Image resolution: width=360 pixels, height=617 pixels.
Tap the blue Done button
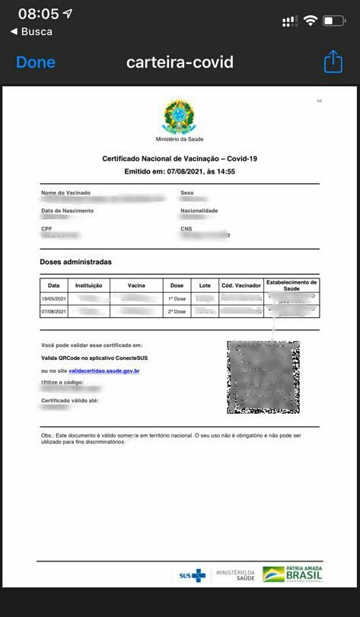36,62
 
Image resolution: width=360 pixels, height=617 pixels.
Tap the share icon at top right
333,62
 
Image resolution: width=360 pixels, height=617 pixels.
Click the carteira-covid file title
180,62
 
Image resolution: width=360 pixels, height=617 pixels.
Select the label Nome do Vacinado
65,193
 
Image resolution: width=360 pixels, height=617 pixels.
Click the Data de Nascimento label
67,211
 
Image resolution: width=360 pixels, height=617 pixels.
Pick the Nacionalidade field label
199,211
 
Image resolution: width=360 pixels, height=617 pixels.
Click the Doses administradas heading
75,262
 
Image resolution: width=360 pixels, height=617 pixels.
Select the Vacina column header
136,285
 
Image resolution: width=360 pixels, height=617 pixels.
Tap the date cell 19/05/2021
55,299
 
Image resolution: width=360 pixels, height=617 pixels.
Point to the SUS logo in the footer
192,575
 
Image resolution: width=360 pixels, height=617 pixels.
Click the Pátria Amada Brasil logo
292,574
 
